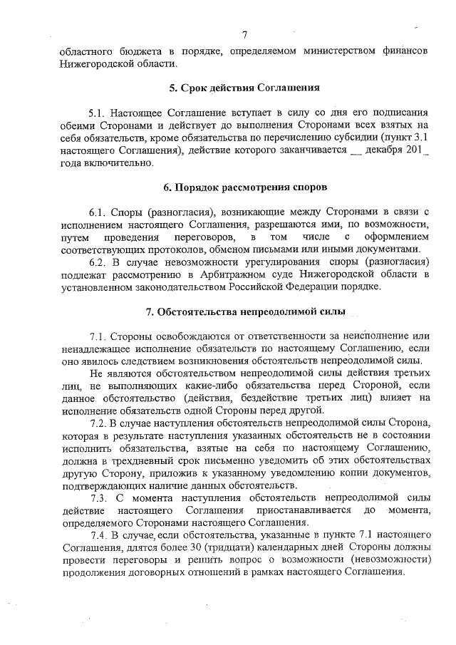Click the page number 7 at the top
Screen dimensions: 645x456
244,36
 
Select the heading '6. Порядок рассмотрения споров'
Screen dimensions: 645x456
244,188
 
